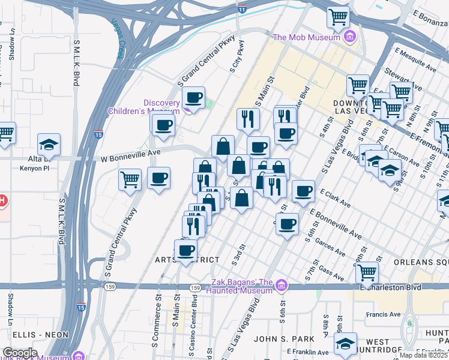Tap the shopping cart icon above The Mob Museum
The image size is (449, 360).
[339, 17]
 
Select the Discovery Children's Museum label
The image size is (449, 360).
[144, 106]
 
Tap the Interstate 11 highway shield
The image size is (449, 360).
[241, 10]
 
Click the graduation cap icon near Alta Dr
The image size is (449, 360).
[49, 144]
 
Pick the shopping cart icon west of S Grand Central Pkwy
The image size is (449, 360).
[130, 179]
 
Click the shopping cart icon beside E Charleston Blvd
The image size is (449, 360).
[367, 272]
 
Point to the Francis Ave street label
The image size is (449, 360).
[385, 314]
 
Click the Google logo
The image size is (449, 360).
[19, 353]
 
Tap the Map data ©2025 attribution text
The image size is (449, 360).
[423, 355]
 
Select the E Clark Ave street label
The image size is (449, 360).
[336, 199]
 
